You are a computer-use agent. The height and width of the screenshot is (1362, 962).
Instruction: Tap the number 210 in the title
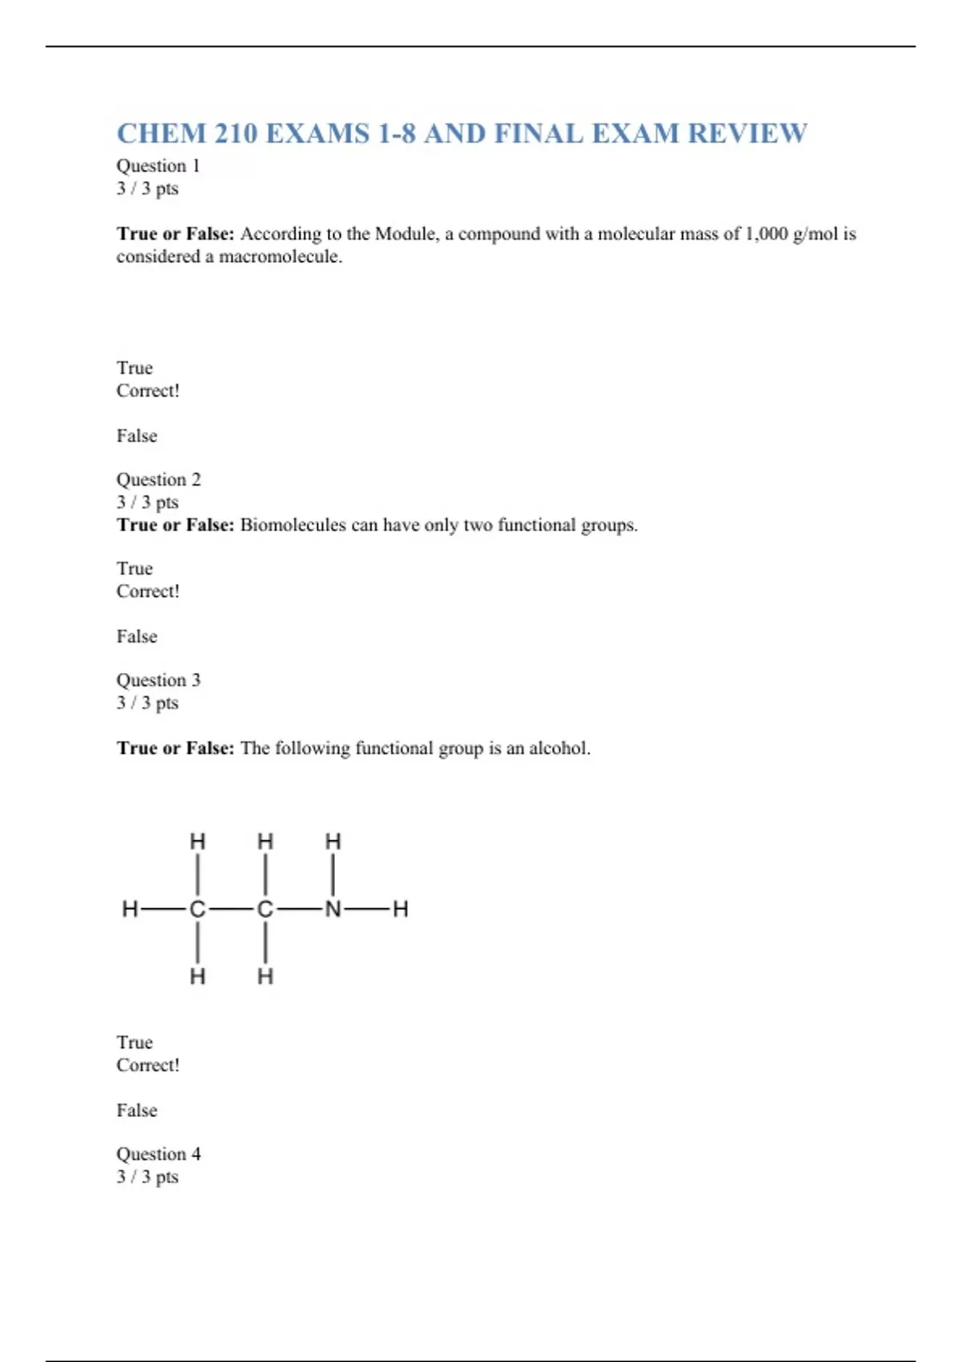235,134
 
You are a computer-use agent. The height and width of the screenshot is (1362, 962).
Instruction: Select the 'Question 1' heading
158,166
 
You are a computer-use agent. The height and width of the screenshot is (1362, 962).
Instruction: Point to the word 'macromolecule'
280,257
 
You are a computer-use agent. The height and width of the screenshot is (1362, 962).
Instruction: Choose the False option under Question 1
136,436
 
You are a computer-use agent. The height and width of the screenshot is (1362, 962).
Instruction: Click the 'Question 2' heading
159,480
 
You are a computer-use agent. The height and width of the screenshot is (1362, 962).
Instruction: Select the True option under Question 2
134,569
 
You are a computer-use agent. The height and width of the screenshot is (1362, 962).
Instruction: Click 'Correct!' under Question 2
148,591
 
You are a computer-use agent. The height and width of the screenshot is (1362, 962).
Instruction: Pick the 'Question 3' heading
159,680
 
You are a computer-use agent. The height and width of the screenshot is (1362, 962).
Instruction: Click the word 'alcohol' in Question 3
559,748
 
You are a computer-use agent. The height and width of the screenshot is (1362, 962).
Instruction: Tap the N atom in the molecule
333,909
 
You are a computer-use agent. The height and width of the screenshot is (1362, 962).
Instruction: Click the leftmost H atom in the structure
129,909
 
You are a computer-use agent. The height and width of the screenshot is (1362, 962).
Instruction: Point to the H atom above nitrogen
333,841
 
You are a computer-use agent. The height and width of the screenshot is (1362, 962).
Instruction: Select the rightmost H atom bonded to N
401,909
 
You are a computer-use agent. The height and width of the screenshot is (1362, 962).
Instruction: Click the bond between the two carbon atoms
231,909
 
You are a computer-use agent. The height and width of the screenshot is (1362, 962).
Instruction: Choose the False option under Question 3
136,1110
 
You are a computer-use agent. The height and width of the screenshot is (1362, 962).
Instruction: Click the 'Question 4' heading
159,1154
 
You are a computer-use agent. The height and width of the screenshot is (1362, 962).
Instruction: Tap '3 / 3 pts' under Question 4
148,1177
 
